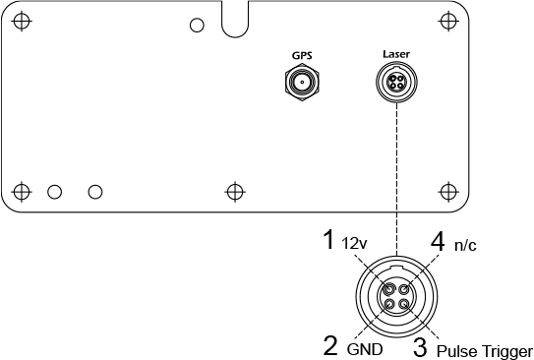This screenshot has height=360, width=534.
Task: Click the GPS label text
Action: coord(301,56)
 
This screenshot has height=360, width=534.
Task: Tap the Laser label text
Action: coord(395,56)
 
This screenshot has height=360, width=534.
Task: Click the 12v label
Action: coord(354,242)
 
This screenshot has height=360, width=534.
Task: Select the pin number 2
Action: coord(331,345)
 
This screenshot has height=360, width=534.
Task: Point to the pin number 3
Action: coord(420,346)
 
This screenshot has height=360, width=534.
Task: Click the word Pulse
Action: coord(456,349)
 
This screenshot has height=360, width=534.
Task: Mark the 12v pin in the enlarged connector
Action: coord(389,289)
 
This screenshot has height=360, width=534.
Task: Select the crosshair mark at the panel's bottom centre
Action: coord(234,190)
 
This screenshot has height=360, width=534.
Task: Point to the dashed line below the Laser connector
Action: coord(395,177)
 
